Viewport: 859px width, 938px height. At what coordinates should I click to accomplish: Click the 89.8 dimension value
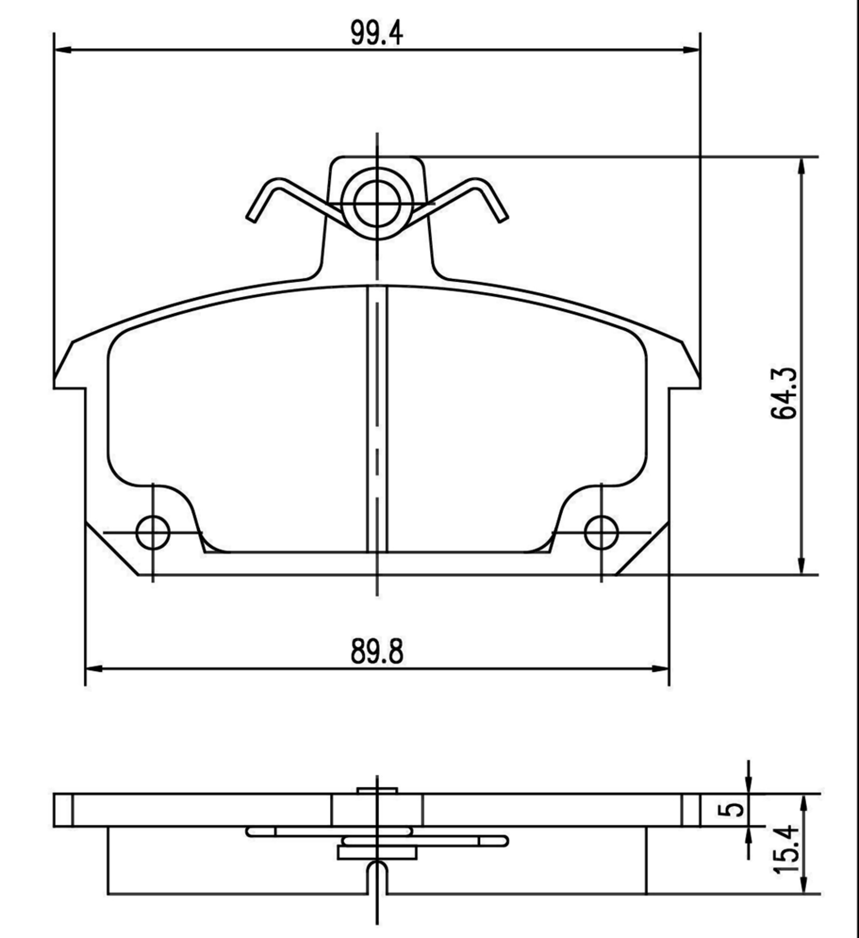pos(377,652)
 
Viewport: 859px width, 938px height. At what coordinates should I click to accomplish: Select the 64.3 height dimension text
pos(784,393)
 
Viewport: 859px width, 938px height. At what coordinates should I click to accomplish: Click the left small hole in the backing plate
pos(153,533)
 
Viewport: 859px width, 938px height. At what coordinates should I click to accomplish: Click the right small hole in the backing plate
pos(602,533)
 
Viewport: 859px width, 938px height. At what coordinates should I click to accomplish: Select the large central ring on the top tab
pos(377,204)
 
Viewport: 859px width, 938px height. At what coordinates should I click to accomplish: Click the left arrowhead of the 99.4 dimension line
pos(63,50)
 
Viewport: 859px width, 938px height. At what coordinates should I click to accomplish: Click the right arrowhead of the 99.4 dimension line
pos(692,50)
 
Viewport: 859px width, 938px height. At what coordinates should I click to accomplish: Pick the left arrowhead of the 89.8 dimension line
pos(94,669)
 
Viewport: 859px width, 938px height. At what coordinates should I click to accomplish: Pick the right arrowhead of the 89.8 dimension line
pos(660,669)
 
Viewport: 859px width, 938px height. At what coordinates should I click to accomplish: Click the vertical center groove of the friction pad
pos(377,422)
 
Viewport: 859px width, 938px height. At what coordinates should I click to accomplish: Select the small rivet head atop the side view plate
pos(377,790)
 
